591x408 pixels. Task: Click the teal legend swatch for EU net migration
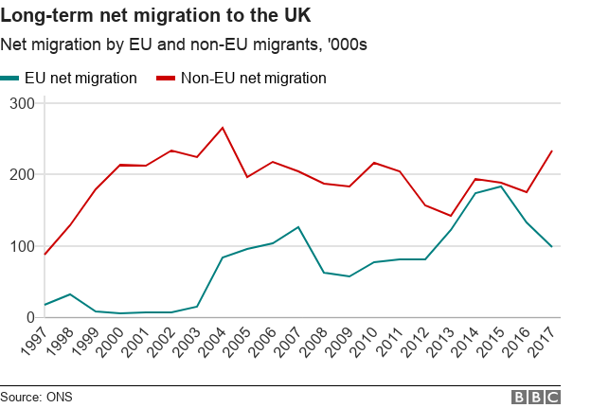(x=13, y=79)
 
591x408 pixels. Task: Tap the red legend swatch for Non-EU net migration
(x=164, y=79)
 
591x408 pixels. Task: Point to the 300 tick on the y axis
(x=21, y=102)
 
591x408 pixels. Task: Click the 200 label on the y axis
(x=21, y=174)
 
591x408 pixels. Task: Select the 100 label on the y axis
(x=21, y=246)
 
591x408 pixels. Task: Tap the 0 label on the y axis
(x=28, y=318)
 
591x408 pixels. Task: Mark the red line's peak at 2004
(x=223, y=127)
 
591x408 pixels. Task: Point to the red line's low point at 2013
(x=450, y=216)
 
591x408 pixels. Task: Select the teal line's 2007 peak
(x=298, y=226)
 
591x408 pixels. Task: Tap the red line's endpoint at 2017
(x=552, y=151)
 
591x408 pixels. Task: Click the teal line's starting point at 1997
(x=45, y=305)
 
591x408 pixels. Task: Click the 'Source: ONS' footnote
(x=36, y=396)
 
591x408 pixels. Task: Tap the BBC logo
(x=535, y=397)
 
